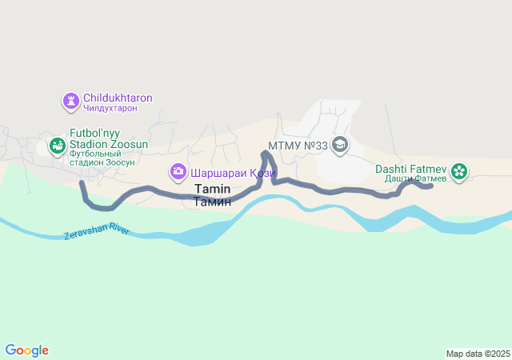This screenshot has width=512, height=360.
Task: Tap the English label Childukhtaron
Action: click(118, 98)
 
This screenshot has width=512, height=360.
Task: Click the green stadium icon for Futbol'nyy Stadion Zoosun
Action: click(57, 146)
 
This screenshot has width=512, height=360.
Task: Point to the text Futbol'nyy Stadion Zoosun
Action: click(108, 138)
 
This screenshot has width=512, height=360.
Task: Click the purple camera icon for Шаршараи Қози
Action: click(178, 171)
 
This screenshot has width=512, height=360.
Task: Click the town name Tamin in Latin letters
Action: click(212, 189)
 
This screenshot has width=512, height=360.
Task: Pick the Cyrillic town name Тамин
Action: click(212, 202)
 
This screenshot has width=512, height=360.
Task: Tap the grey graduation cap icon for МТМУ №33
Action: click(340, 145)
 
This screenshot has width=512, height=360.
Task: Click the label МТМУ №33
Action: click(298, 146)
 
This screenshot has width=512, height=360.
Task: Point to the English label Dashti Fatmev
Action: click(411, 169)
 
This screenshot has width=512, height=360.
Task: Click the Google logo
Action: click(27, 350)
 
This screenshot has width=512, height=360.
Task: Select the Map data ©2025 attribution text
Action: click(478, 354)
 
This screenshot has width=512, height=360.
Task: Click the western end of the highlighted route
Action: click(82, 183)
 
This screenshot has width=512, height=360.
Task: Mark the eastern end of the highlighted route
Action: click(430, 186)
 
